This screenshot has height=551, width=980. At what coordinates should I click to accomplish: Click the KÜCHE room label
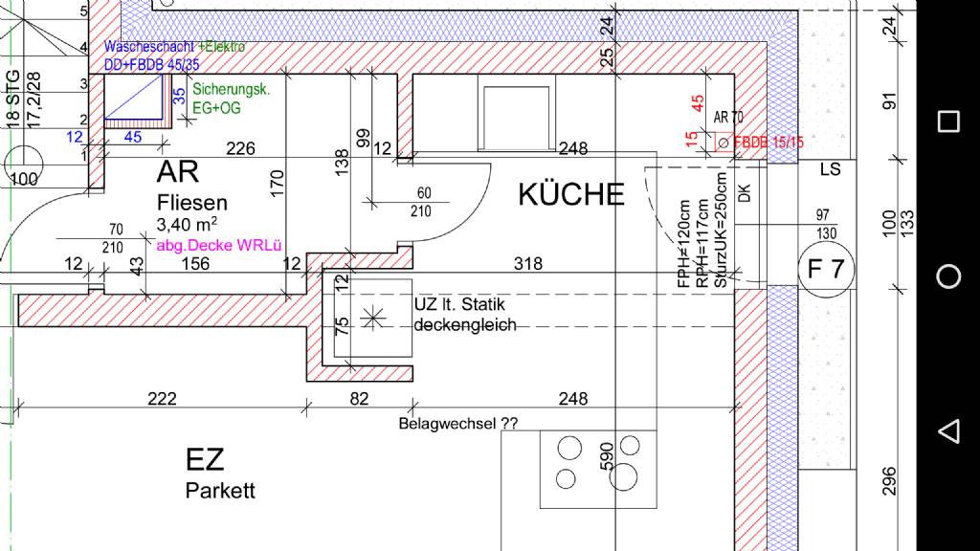(x=571, y=194)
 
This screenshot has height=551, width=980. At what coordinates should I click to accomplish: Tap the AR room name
(x=178, y=173)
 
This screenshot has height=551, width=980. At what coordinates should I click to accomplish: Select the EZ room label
(x=205, y=460)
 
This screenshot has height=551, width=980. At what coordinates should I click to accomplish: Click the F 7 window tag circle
(x=825, y=270)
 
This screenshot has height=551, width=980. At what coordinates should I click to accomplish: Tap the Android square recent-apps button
(x=948, y=121)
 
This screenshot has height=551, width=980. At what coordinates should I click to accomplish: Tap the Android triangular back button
(x=948, y=430)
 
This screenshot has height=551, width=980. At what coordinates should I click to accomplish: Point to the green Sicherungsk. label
(x=232, y=90)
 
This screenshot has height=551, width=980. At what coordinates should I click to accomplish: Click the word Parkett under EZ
(x=221, y=492)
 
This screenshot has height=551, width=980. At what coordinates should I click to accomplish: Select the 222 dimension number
(x=163, y=399)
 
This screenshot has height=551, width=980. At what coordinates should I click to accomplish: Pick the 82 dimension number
(x=359, y=399)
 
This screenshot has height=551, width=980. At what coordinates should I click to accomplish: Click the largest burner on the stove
(x=627, y=475)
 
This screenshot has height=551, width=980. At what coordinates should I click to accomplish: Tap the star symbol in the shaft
(x=372, y=317)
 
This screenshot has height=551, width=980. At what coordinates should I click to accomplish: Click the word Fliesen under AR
(x=192, y=203)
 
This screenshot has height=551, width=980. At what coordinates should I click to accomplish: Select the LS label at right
(x=830, y=169)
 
